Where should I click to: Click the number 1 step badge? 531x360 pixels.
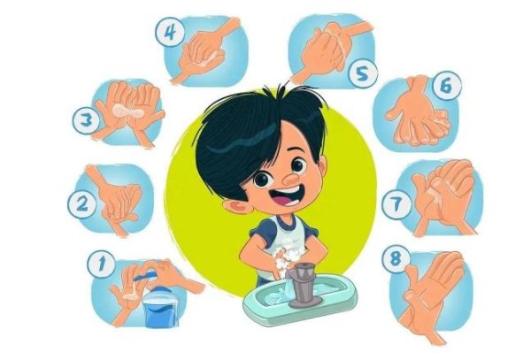[x=101, y=264]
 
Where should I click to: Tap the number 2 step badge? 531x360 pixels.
[x=81, y=204]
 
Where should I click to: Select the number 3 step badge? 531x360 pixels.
[x=87, y=119]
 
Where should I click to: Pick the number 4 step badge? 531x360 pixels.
[x=170, y=33]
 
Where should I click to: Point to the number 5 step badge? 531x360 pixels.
[x=363, y=74]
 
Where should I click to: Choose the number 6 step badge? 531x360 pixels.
[x=447, y=86]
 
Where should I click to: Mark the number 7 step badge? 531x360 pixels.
[x=396, y=204]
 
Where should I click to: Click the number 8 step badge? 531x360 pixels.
[x=396, y=259]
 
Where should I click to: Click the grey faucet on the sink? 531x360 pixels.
[x=303, y=286]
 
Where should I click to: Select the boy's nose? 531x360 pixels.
[x=291, y=179]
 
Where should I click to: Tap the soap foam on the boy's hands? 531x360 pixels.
[x=284, y=261]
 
